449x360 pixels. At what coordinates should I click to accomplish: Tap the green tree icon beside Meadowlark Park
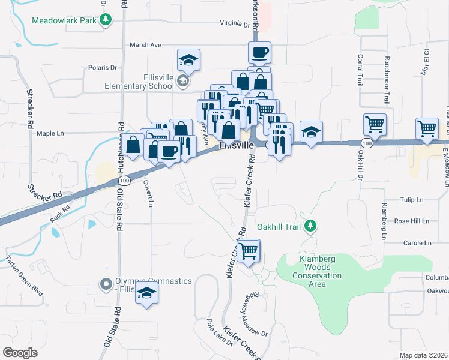click(x=106, y=20)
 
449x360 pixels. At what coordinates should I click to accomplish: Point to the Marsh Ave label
click(x=145, y=45)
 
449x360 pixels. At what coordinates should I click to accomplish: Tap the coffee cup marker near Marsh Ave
click(x=259, y=53)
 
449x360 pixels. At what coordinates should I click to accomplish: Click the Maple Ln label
click(x=50, y=133)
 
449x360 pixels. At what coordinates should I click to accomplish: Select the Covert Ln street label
click(x=148, y=194)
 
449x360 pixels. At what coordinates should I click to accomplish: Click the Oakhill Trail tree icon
click(x=310, y=226)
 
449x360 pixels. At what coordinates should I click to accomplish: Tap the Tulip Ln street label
click(x=412, y=199)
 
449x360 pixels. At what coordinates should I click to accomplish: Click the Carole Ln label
click(x=418, y=243)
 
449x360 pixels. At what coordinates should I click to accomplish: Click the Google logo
click(x=19, y=353)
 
